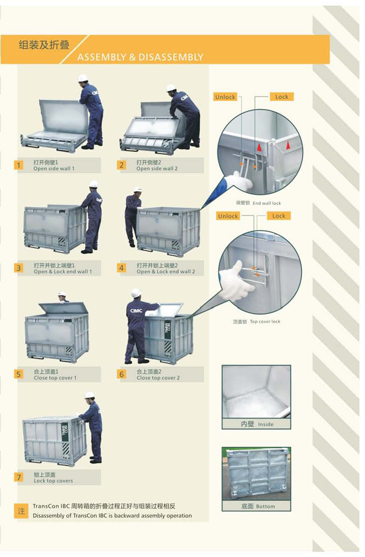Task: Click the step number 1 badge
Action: click(19, 165)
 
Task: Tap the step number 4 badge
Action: click(121, 268)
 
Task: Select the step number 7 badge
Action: click(19, 477)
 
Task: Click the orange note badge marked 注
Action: click(21, 511)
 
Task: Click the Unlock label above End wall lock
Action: click(225, 97)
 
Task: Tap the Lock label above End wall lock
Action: click(282, 97)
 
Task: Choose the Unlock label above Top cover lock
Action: click(228, 216)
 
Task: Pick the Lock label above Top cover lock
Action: click(279, 216)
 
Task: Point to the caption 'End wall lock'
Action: click(267, 203)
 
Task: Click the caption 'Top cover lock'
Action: click(265, 321)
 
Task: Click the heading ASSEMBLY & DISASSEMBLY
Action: click(140, 57)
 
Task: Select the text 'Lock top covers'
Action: click(53, 481)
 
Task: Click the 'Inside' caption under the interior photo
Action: click(266, 424)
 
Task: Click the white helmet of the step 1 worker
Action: click(83, 78)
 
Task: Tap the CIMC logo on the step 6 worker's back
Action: click(136, 311)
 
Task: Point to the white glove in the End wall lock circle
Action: click(242, 181)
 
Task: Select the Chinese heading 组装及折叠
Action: click(44, 45)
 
